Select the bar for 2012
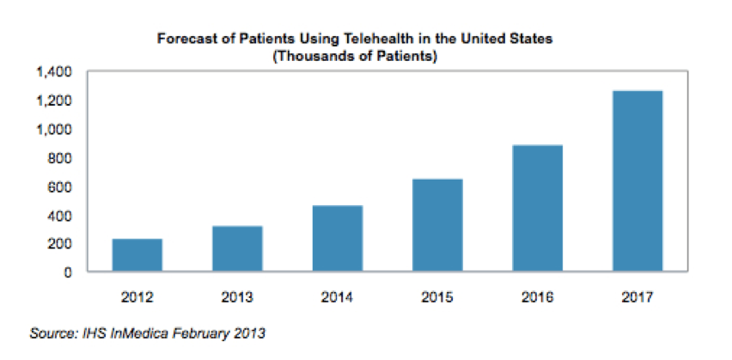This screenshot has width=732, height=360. [137, 255]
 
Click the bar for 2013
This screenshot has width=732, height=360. [237, 249]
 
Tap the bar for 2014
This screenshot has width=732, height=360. [338, 239]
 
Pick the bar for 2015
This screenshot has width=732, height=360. [437, 225]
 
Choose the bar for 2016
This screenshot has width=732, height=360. [538, 209]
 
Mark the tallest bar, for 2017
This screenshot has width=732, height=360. [637, 181]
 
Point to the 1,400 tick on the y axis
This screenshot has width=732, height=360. [55, 72]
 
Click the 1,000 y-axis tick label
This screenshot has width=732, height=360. [55, 130]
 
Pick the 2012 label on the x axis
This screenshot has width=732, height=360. [137, 297]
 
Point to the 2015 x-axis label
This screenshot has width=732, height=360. [437, 297]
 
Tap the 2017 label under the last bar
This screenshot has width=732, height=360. [637, 297]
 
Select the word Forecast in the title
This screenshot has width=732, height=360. [182, 40]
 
